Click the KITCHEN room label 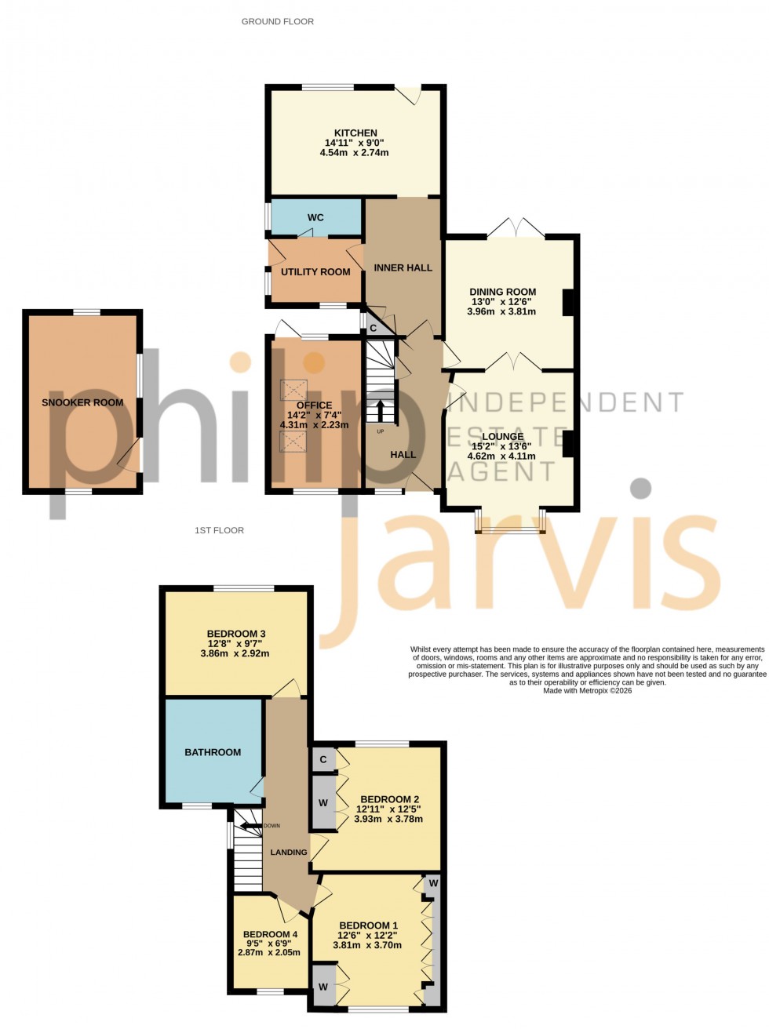pos(355,133)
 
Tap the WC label pos(315,217)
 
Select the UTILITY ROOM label pos(315,271)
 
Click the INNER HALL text pos(403,267)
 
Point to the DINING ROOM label pos(502,292)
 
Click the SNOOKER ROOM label pos(82,402)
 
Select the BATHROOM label pos(213,752)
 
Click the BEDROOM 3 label pos(236,634)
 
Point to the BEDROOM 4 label pos(270,934)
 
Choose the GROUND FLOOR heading pos(278,22)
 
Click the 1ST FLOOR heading pos(219,530)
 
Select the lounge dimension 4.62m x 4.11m pos(501,456)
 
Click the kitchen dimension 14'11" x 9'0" pos(355,143)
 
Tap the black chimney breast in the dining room pos(567,303)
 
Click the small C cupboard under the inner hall pos(374,327)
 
